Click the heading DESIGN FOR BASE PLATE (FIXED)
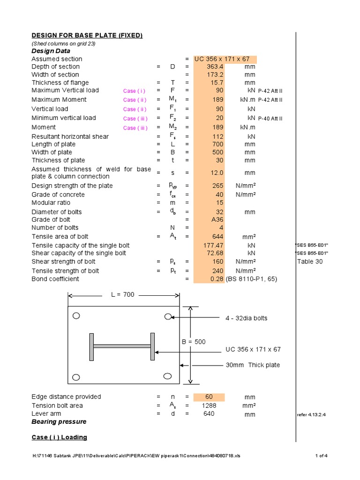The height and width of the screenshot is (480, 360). pyautogui.click(x=87, y=36)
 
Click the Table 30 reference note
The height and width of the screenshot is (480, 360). pyautogui.click(x=310, y=262)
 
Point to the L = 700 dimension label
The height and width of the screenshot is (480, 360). pyautogui.click(x=123, y=295)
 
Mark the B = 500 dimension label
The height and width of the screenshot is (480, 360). pyautogui.click(x=194, y=342)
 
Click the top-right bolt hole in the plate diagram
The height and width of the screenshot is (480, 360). pyautogui.click(x=168, y=317)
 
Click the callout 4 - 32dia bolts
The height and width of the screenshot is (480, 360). pyautogui.click(x=247, y=318)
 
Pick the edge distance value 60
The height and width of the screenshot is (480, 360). pyautogui.click(x=209, y=397)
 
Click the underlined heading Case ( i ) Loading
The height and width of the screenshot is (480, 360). pyautogui.click(x=59, y=437)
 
